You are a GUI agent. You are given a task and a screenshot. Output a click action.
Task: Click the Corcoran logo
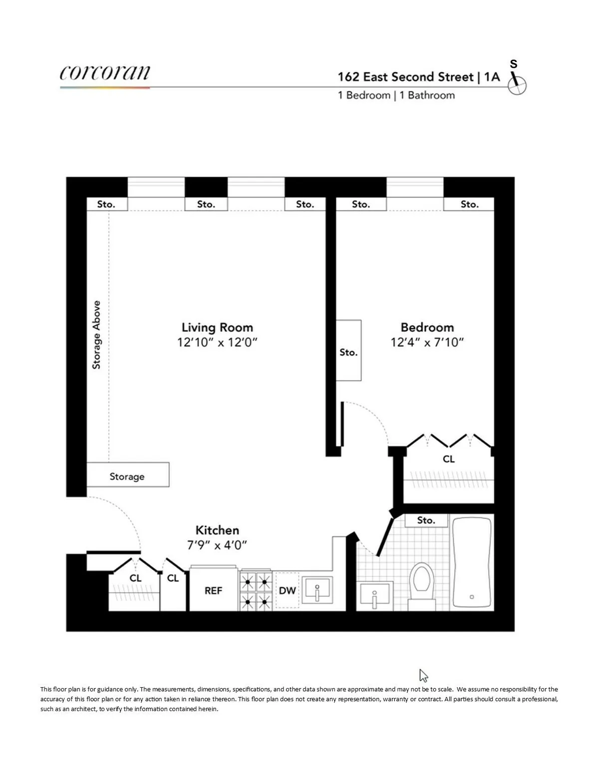(104, 73)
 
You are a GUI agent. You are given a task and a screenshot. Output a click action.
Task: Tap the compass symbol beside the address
(517, 85)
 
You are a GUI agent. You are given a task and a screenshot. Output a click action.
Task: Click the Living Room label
(217, 327)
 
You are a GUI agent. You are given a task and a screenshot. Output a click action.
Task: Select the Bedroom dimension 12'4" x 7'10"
(427, 342)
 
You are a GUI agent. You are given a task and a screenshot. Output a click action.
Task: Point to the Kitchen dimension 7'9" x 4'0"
(217, 545)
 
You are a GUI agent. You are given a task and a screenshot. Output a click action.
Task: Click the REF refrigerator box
(213, 590)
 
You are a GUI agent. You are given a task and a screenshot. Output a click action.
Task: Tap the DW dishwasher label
(288, 590)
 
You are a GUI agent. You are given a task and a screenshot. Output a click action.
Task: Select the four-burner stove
(255, 591)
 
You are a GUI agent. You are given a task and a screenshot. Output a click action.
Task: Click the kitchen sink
(317, 591)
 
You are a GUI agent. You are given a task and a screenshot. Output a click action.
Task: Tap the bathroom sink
(375, 595)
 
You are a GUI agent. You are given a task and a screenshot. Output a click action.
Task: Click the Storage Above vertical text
(96, 335)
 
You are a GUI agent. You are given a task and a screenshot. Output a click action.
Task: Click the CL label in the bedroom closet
(448, 459)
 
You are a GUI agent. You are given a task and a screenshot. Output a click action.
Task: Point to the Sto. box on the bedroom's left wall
(348, 351)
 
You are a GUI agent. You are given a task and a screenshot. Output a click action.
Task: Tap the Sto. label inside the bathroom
(426, 520)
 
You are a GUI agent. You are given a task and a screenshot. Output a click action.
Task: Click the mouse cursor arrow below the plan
(423, 675)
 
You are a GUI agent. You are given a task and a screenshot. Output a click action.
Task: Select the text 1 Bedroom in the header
(364, 95)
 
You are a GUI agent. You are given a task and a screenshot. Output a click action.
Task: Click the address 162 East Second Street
(405, 77)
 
